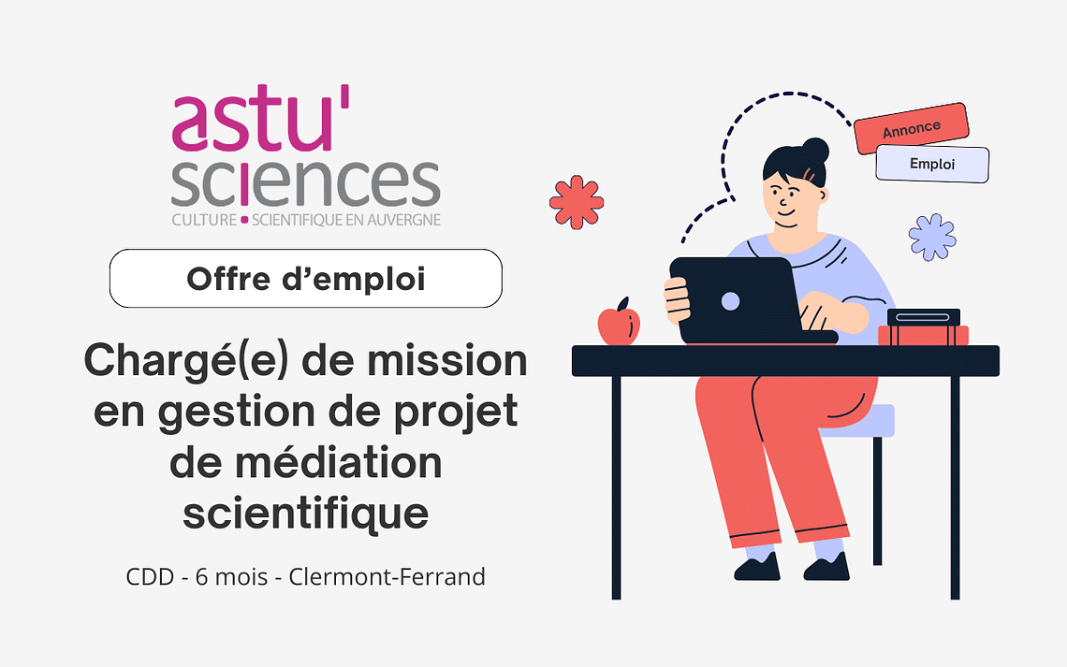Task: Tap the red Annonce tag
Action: [912, 128]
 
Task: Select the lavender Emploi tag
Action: [932, 164]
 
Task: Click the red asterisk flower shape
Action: [577, 202]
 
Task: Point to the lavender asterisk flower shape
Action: [932, 237]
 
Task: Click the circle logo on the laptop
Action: [730, 301]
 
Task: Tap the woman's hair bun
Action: [815, 151]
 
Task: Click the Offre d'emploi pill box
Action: [305, 278]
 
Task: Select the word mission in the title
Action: [447, 360]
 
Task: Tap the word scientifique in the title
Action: [305, 514]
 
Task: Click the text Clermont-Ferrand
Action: [387, 576]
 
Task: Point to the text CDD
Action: [151, 576]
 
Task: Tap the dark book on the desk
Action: [924, 317]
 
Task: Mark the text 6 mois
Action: [231, 576]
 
